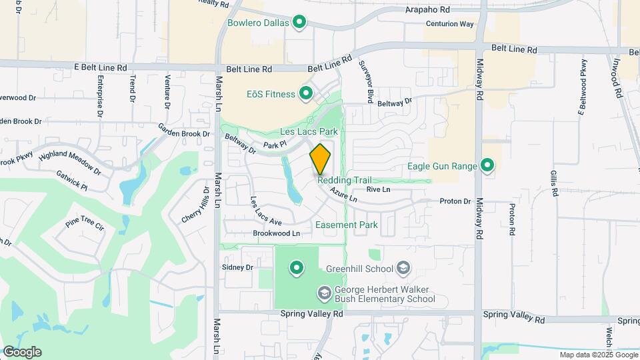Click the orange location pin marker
[x=320, y=158]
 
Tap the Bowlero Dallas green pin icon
[x=300, y=23]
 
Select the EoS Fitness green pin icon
[x=306, y=94]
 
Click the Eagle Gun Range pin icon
[x=487, y=166]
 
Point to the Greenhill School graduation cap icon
[x=403, y=269]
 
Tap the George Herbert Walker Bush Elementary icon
[x=324, y=294]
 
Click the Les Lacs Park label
[x=309, y=132]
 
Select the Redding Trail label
[x=344, y=180]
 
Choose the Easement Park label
[x=347, y=225]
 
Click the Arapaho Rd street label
[x=428, y=10]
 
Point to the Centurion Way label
[x=449, y=24]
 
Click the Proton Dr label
[x=455, y=201]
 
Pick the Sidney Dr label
[x=238, y=267]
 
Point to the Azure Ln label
[x=343, y=195]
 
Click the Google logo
[x=21, y=352]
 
